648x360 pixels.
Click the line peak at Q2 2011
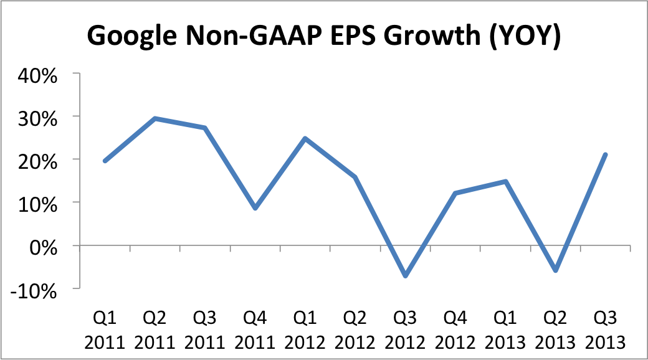click(155, 118)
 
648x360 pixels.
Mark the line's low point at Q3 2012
click(405, 275)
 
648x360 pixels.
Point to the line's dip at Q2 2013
click(555, 270)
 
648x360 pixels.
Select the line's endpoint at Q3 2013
click(605, 154)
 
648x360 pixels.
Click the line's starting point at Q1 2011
click(105, 161)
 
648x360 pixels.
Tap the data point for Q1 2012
click(305, 138)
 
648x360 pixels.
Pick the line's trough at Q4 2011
click(255, 208)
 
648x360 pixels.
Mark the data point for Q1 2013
click(505, 181)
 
